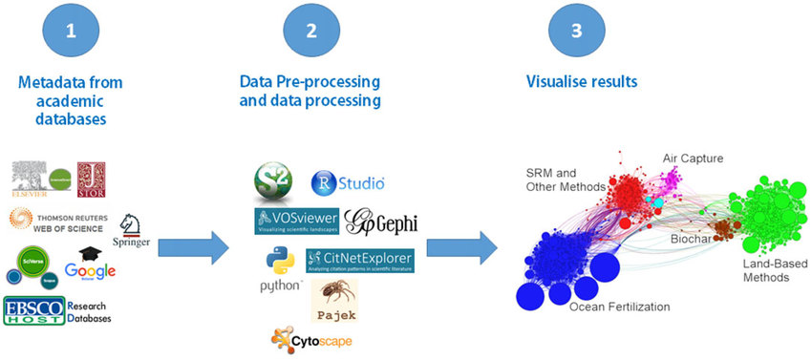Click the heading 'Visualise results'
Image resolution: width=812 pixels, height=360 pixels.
(582, 82)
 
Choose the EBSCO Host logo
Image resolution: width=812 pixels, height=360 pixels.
(34, 311)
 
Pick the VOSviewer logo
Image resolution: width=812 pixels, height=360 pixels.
(296, 222)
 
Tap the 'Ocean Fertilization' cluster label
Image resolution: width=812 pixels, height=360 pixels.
(619, 307)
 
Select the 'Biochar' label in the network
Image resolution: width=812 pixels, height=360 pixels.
(690, 236)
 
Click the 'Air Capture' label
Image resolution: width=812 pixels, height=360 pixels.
(693, 158)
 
